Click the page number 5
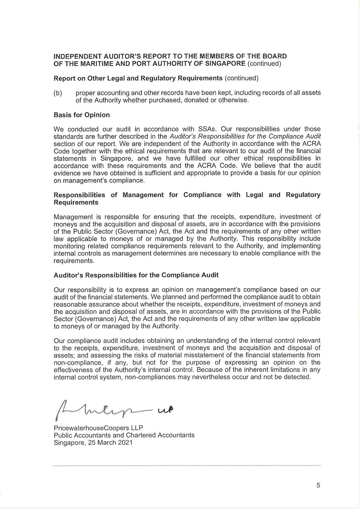[318, 485]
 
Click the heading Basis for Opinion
[82, 115]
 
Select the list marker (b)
[58, 93]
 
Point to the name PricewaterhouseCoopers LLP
[98, 428]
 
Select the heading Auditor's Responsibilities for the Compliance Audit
[136, 275]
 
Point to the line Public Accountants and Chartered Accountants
[124, 435]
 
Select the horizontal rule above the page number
[187, 465]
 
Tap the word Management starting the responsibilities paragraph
[74, 217]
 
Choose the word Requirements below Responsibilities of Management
[76, 202]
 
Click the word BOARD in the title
[275, 56]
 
